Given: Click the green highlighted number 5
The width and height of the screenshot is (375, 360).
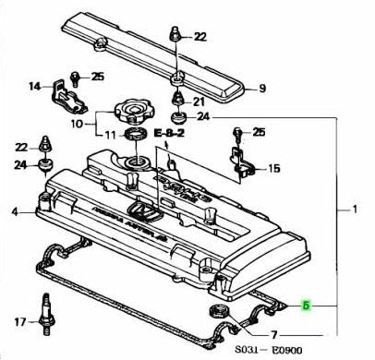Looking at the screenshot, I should (308, 303).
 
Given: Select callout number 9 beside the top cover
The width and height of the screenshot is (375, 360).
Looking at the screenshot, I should (262, 89).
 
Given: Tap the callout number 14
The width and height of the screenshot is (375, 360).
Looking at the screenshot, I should (34, 88).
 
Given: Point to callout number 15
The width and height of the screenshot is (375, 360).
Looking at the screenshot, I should (273, 168).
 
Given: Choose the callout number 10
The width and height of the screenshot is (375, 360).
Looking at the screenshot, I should (77, 122).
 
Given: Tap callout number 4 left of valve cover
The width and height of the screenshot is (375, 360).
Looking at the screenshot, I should (15, 213).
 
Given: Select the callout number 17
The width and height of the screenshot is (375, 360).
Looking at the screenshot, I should (18, 322).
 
